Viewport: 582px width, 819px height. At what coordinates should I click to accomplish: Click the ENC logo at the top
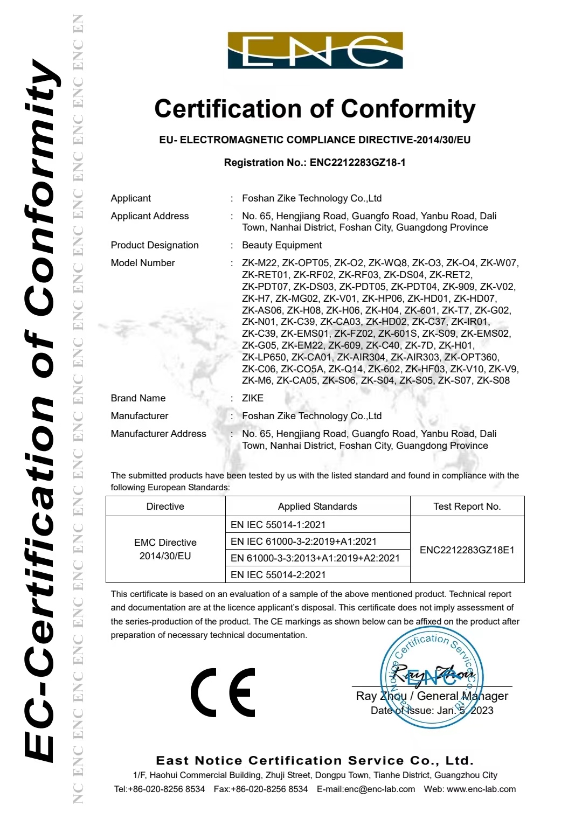tap(315, 51)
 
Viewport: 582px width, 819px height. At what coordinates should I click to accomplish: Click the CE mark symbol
tap(223, 692)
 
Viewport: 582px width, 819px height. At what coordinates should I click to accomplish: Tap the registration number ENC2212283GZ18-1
tap(357, 163)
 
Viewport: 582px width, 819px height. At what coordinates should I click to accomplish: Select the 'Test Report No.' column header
tap(467, 506)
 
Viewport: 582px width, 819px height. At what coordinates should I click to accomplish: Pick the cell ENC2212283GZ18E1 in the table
tap(467, 550)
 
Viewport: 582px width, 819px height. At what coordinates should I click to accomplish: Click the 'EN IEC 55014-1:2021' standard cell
tap(278, 525)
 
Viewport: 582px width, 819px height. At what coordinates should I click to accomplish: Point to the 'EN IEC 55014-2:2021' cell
tap(278, 575)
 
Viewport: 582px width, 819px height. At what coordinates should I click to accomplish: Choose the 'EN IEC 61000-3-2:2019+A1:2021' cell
tap(303, 542)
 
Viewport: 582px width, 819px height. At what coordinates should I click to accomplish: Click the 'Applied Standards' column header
tap(317, 506)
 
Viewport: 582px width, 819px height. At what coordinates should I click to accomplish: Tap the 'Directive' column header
tap(165, 506)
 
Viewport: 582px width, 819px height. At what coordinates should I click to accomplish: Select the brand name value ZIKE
tap(253, 398)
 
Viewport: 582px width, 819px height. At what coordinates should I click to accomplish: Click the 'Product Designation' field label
tap(155, 245)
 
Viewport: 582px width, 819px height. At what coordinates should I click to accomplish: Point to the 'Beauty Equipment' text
tap(282, 245)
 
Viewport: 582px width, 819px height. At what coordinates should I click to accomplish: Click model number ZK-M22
tap(259, 263)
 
